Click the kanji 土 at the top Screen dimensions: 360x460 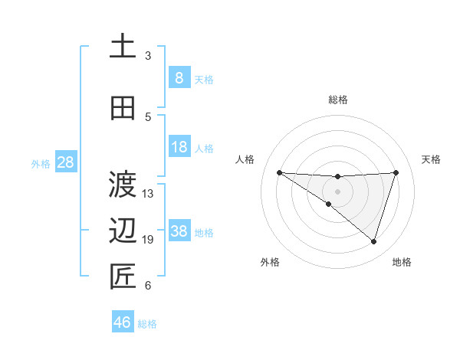[x=123, y=45]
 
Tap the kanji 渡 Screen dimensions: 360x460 [x=123, y=184]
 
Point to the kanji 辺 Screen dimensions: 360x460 [x=123, y=230]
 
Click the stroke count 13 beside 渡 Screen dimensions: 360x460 [x=148, y=193]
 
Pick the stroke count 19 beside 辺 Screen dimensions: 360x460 [x=148, y=240]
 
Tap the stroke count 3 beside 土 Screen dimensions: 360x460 [x=148, y=55]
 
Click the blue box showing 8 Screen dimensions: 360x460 [x=179, y=77]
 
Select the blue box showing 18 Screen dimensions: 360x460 [x=179, y=146]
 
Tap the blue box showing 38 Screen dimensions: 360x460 [x=179, y=231]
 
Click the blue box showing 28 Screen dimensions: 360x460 [x=65, y=162]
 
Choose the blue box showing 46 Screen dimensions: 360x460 [x=123, y=322]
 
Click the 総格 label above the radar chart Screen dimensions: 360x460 [x=337, y=100]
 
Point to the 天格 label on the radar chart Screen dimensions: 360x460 [x=431, y=159]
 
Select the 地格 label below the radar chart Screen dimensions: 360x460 [x=402, y=262]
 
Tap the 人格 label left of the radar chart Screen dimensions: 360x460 [x=245, y=159]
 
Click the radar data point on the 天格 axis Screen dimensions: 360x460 [x=396, y=172]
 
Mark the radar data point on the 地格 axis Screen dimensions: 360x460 [x=373, y=241]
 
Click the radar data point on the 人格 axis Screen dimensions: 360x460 [x=279, y=172]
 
